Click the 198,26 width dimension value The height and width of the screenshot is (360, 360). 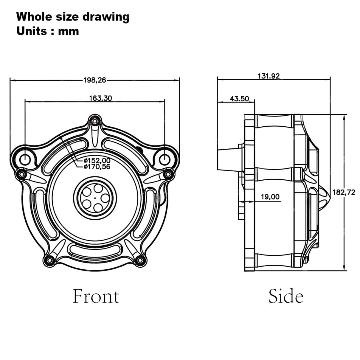[x=95, y=80]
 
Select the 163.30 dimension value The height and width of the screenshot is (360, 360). [x=100, y=98]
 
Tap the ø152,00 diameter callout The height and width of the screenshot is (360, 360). [x=97, y=160]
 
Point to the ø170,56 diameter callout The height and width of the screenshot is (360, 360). [x=97, y=167]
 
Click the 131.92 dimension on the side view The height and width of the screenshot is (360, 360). [x=269, y=76]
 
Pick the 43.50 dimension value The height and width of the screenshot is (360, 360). [x=240, y=99]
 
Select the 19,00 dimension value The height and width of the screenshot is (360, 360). [x=270, y=197]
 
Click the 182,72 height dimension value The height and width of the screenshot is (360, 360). [x=344, y=193]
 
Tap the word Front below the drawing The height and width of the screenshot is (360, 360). [x=96, y=296]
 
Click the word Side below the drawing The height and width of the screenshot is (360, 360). [x=286, y=296]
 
